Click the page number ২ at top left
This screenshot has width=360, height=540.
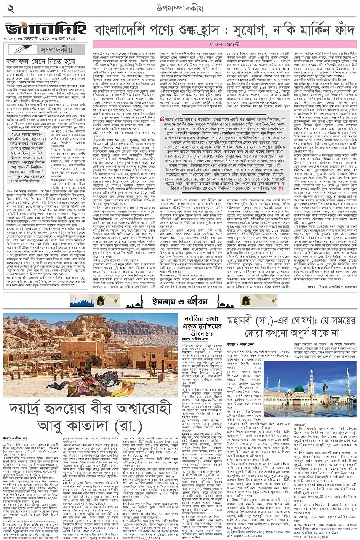point(10,8)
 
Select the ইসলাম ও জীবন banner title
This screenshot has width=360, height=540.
point(180,300)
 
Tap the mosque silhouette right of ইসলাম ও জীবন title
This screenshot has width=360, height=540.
point(225,303)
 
